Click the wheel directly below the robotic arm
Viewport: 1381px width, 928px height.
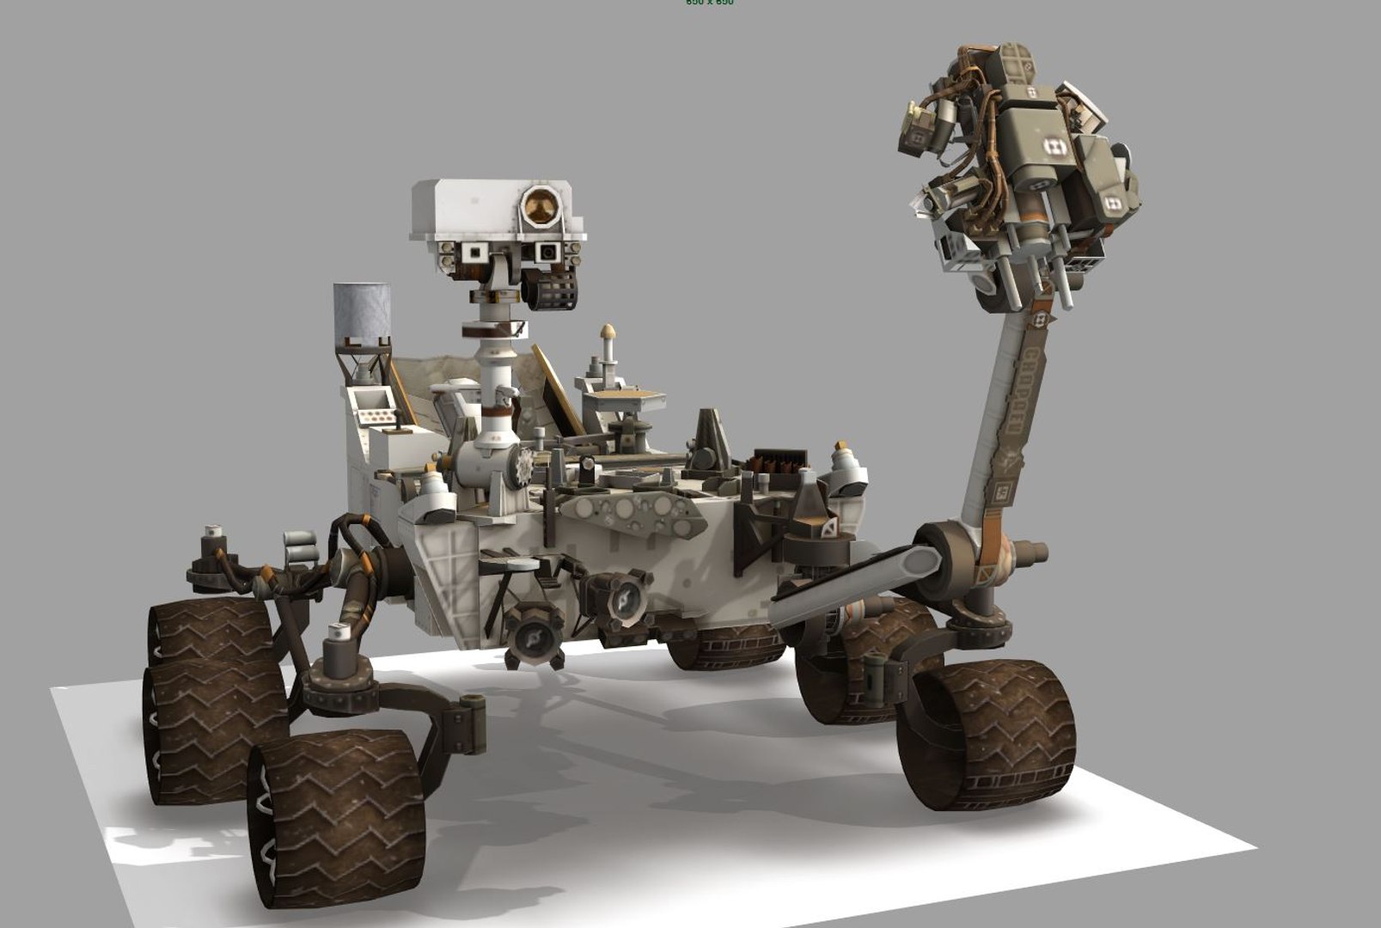[986, 734]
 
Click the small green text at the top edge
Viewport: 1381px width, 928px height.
[709, 3]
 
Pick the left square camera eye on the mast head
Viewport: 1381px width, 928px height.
[473, 252]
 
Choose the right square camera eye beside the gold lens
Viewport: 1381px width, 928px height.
[547, 252]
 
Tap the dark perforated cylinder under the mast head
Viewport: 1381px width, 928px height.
[550, 290]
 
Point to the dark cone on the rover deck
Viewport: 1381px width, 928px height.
[710, 437]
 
